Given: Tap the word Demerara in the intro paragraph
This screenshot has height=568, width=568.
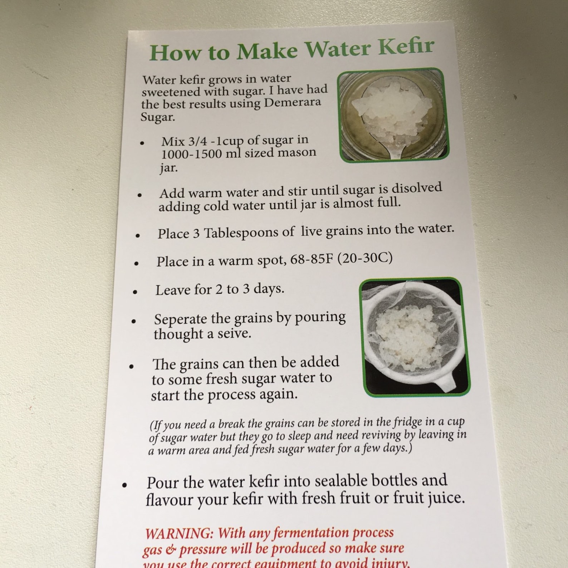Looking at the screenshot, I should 292,103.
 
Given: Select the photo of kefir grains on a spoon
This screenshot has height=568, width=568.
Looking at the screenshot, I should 393,115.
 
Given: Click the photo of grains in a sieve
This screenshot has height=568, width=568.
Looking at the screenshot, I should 415,337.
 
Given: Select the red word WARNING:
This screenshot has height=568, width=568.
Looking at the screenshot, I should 179,534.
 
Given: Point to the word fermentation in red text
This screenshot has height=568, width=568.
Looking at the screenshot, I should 311,533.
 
